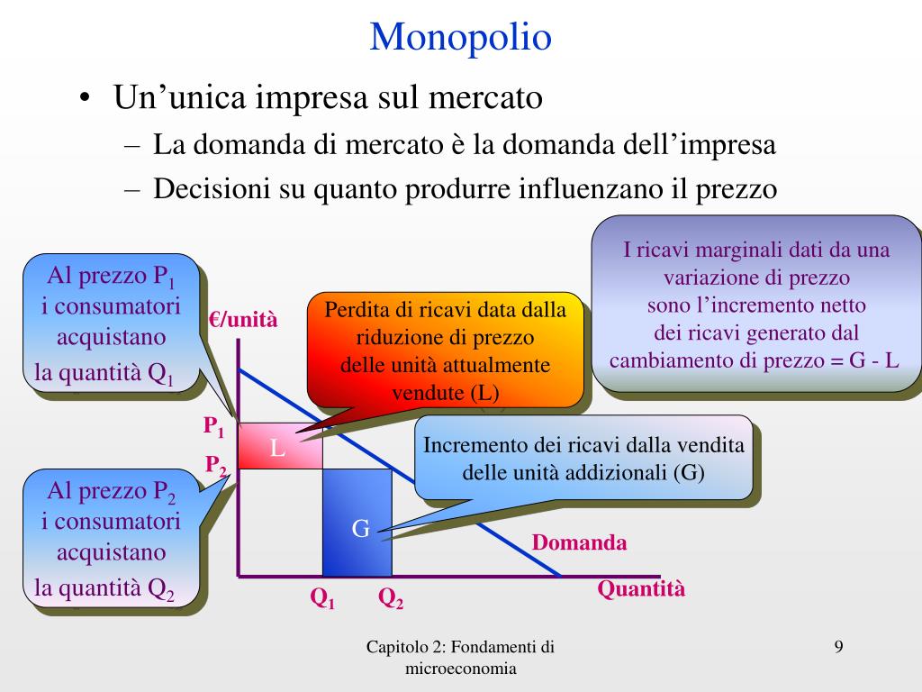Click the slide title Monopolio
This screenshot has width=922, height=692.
[460, 37]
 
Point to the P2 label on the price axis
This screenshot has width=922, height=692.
[215, 465]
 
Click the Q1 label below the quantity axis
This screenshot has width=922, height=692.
[322, 597]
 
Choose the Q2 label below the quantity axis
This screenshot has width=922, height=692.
[390, 597]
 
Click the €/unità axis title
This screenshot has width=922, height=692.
[244, 320]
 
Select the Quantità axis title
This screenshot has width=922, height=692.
[641, 589]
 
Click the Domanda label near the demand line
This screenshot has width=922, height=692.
[579, 542]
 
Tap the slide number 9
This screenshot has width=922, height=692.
[839, 646]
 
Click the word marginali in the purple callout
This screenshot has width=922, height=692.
[720, 250]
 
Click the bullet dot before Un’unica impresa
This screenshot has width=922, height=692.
[84, 97]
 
